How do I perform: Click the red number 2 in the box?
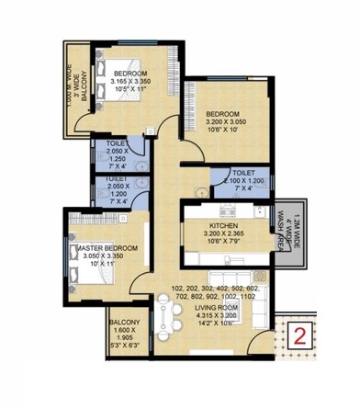pyautogui.click(x=300, y=335)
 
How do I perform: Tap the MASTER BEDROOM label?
pyautogui.click(x=107, y=248)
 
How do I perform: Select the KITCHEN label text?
pyautogui.click(x=224, y=225)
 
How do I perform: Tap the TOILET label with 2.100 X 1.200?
pyautogui.click(x=242, y=172)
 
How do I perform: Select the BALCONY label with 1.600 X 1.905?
pyautogui.click(x=124, y=323)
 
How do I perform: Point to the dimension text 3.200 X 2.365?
pyautogui.click(x=223, y=234)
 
